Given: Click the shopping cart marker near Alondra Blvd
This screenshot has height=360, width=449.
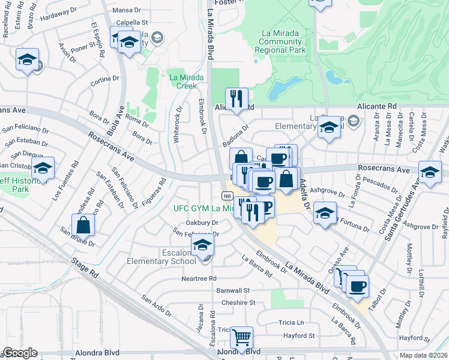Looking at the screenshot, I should [241, 337].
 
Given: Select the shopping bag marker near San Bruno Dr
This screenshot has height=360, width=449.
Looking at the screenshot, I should [83, 226].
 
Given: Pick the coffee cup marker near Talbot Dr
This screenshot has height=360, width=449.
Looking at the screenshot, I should [357, 286].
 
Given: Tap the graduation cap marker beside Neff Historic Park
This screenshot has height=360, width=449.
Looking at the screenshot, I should [42, 169].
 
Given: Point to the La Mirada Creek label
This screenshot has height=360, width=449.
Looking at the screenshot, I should [182, 81].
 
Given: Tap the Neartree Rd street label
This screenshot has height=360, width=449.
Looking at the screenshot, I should [199, 279].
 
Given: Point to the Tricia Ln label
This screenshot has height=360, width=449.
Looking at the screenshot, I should [291, 322].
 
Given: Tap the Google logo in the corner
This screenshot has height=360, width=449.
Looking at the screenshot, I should [20, 353].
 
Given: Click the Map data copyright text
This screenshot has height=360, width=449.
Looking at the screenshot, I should [424, 355].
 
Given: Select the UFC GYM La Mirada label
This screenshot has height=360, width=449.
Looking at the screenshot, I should [203, 208].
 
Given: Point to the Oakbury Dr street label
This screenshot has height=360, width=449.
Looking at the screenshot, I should [201, 222].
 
